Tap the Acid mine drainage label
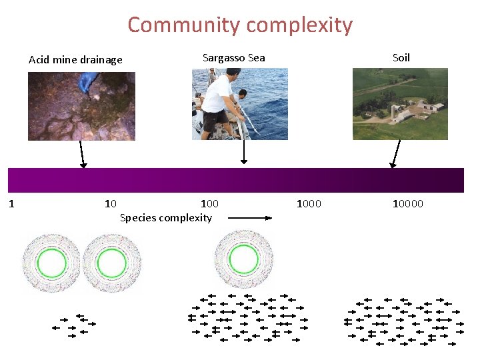[x=75, y=60]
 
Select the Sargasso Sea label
[x=233, y=57]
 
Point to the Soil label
[x=401, y=57]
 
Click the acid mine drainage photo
[x=81, y=106]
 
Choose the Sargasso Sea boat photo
[x=240, y=104]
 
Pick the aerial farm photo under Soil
[x=400, y=104]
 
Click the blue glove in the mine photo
[x=88, y=83]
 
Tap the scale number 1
[x=11, y=203]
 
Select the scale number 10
[x=111, y=203]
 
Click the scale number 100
[x=209, y=203]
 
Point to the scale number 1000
[x=309, y=203]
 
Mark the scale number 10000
[x=407, y=203]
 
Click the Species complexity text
[x=166, y=218]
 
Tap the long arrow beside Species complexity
[x=250, y=217]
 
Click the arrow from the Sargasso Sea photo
[x=244, y=151]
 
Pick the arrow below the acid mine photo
[x=82, y=154]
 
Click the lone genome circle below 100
[x=237, y=259]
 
